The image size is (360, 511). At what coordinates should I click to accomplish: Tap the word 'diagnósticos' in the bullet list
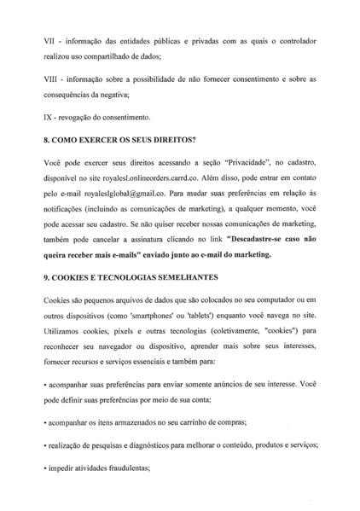(x=146, y=444)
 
